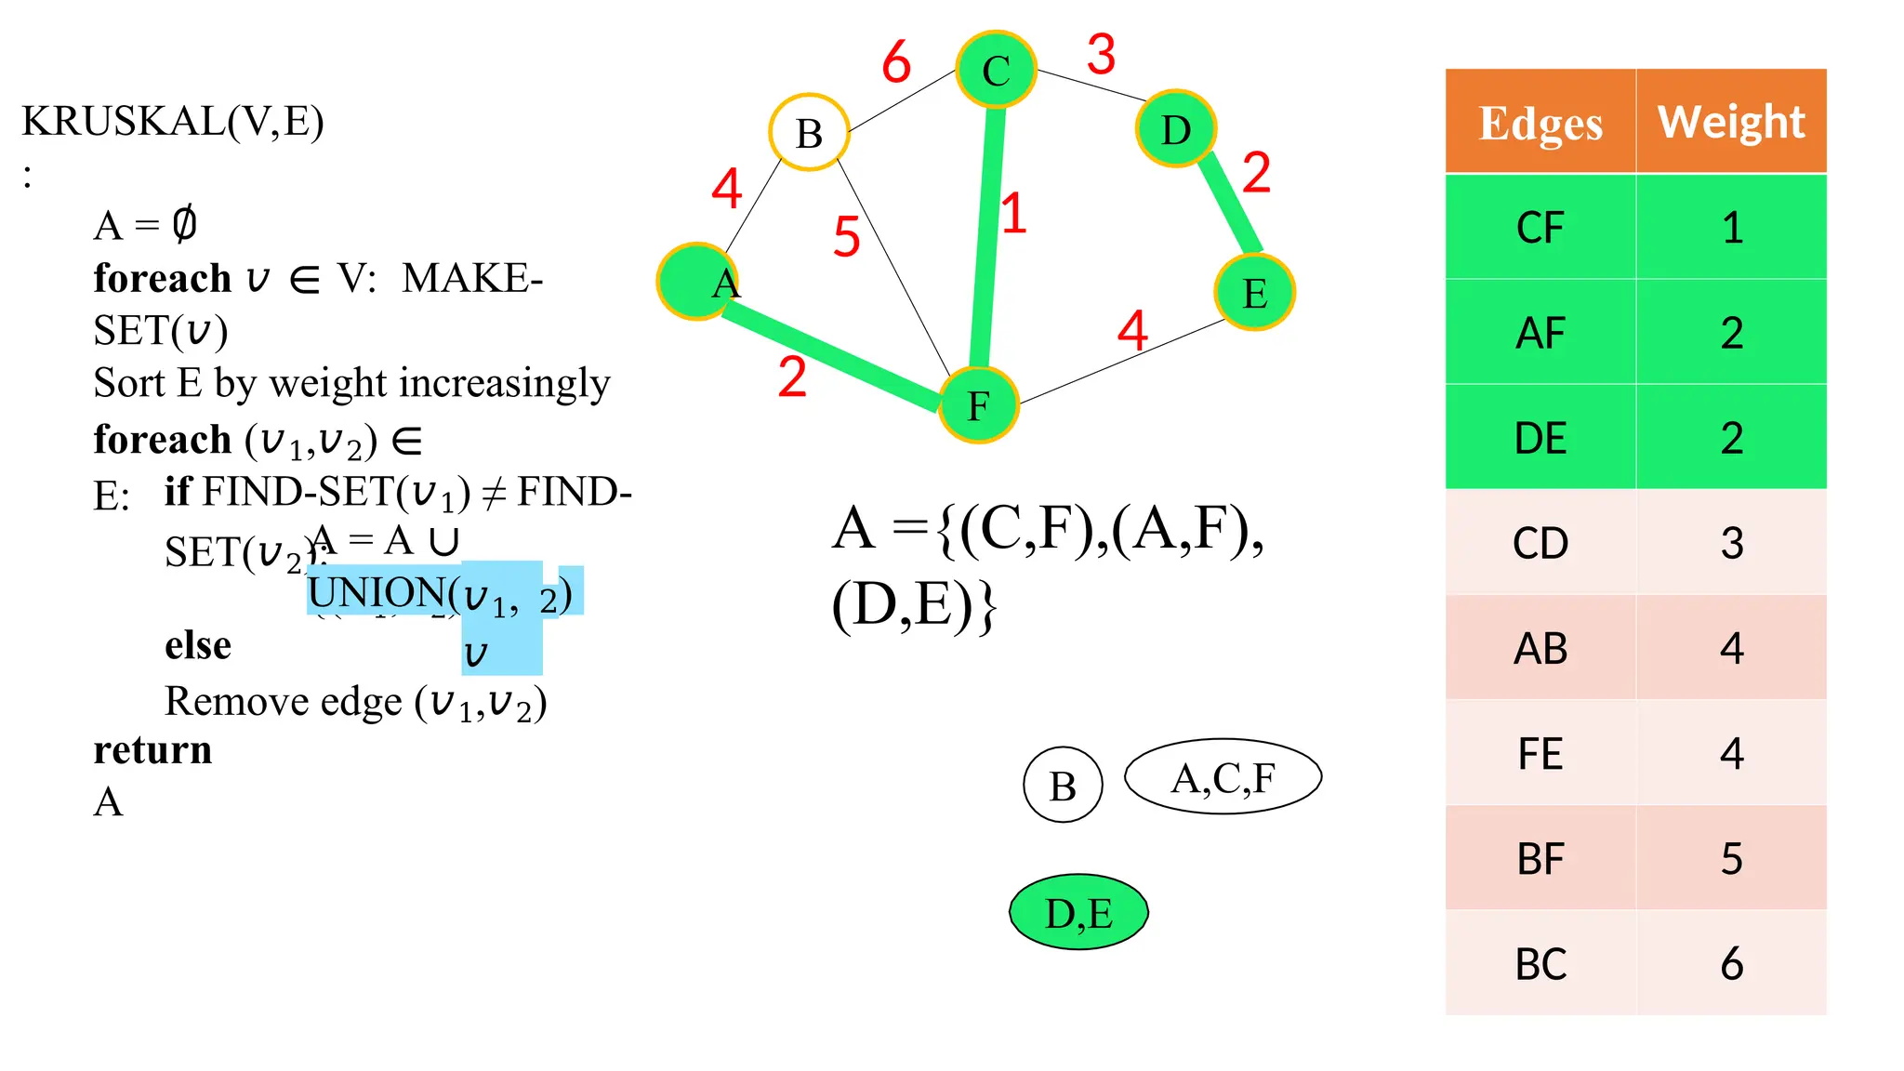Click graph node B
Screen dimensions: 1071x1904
(x=809, y=133)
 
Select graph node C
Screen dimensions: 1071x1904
(x=996, y=70)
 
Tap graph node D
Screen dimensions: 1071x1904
(x=1176, y=129)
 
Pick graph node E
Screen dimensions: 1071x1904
(x=1254, y=293)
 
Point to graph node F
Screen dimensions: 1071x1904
(x=978, y=405)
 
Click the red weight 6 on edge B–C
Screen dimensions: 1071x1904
(x=896, y=62)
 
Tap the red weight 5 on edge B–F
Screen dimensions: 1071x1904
(x=846, y=236)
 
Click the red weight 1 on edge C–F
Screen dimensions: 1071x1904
(x=1013, y=213)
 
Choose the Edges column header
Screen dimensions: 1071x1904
(x=1540, y=122)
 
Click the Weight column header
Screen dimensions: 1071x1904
(x=1731, y=122)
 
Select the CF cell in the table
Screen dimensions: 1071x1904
(x=1540, y=228)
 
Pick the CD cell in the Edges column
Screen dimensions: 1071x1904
(x=1540, y=543)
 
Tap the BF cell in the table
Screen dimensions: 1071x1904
(x=1540, y=858)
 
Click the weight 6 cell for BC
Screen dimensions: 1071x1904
(x=1731, y=963)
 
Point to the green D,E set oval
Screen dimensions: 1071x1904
(x=1078, y=912)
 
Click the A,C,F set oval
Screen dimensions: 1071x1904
(x=1223, y=777)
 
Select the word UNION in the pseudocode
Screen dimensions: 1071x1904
(x=377, y=592)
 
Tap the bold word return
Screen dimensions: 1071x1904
(x=152, y=749)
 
